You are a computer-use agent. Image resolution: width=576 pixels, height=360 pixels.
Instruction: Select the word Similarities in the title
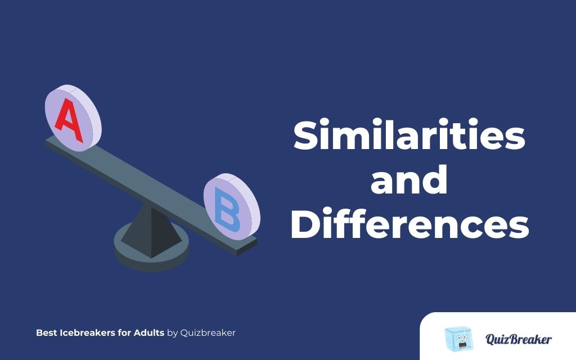coord(409,136)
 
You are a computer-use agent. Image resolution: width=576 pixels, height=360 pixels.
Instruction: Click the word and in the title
coord(409,181)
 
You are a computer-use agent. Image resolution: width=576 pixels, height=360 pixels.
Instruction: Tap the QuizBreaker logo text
coord(518,339)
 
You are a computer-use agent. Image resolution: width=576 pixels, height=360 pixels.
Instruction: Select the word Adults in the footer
coord(148,332)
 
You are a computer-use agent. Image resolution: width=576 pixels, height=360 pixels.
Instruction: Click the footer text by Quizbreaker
coord(201,332)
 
